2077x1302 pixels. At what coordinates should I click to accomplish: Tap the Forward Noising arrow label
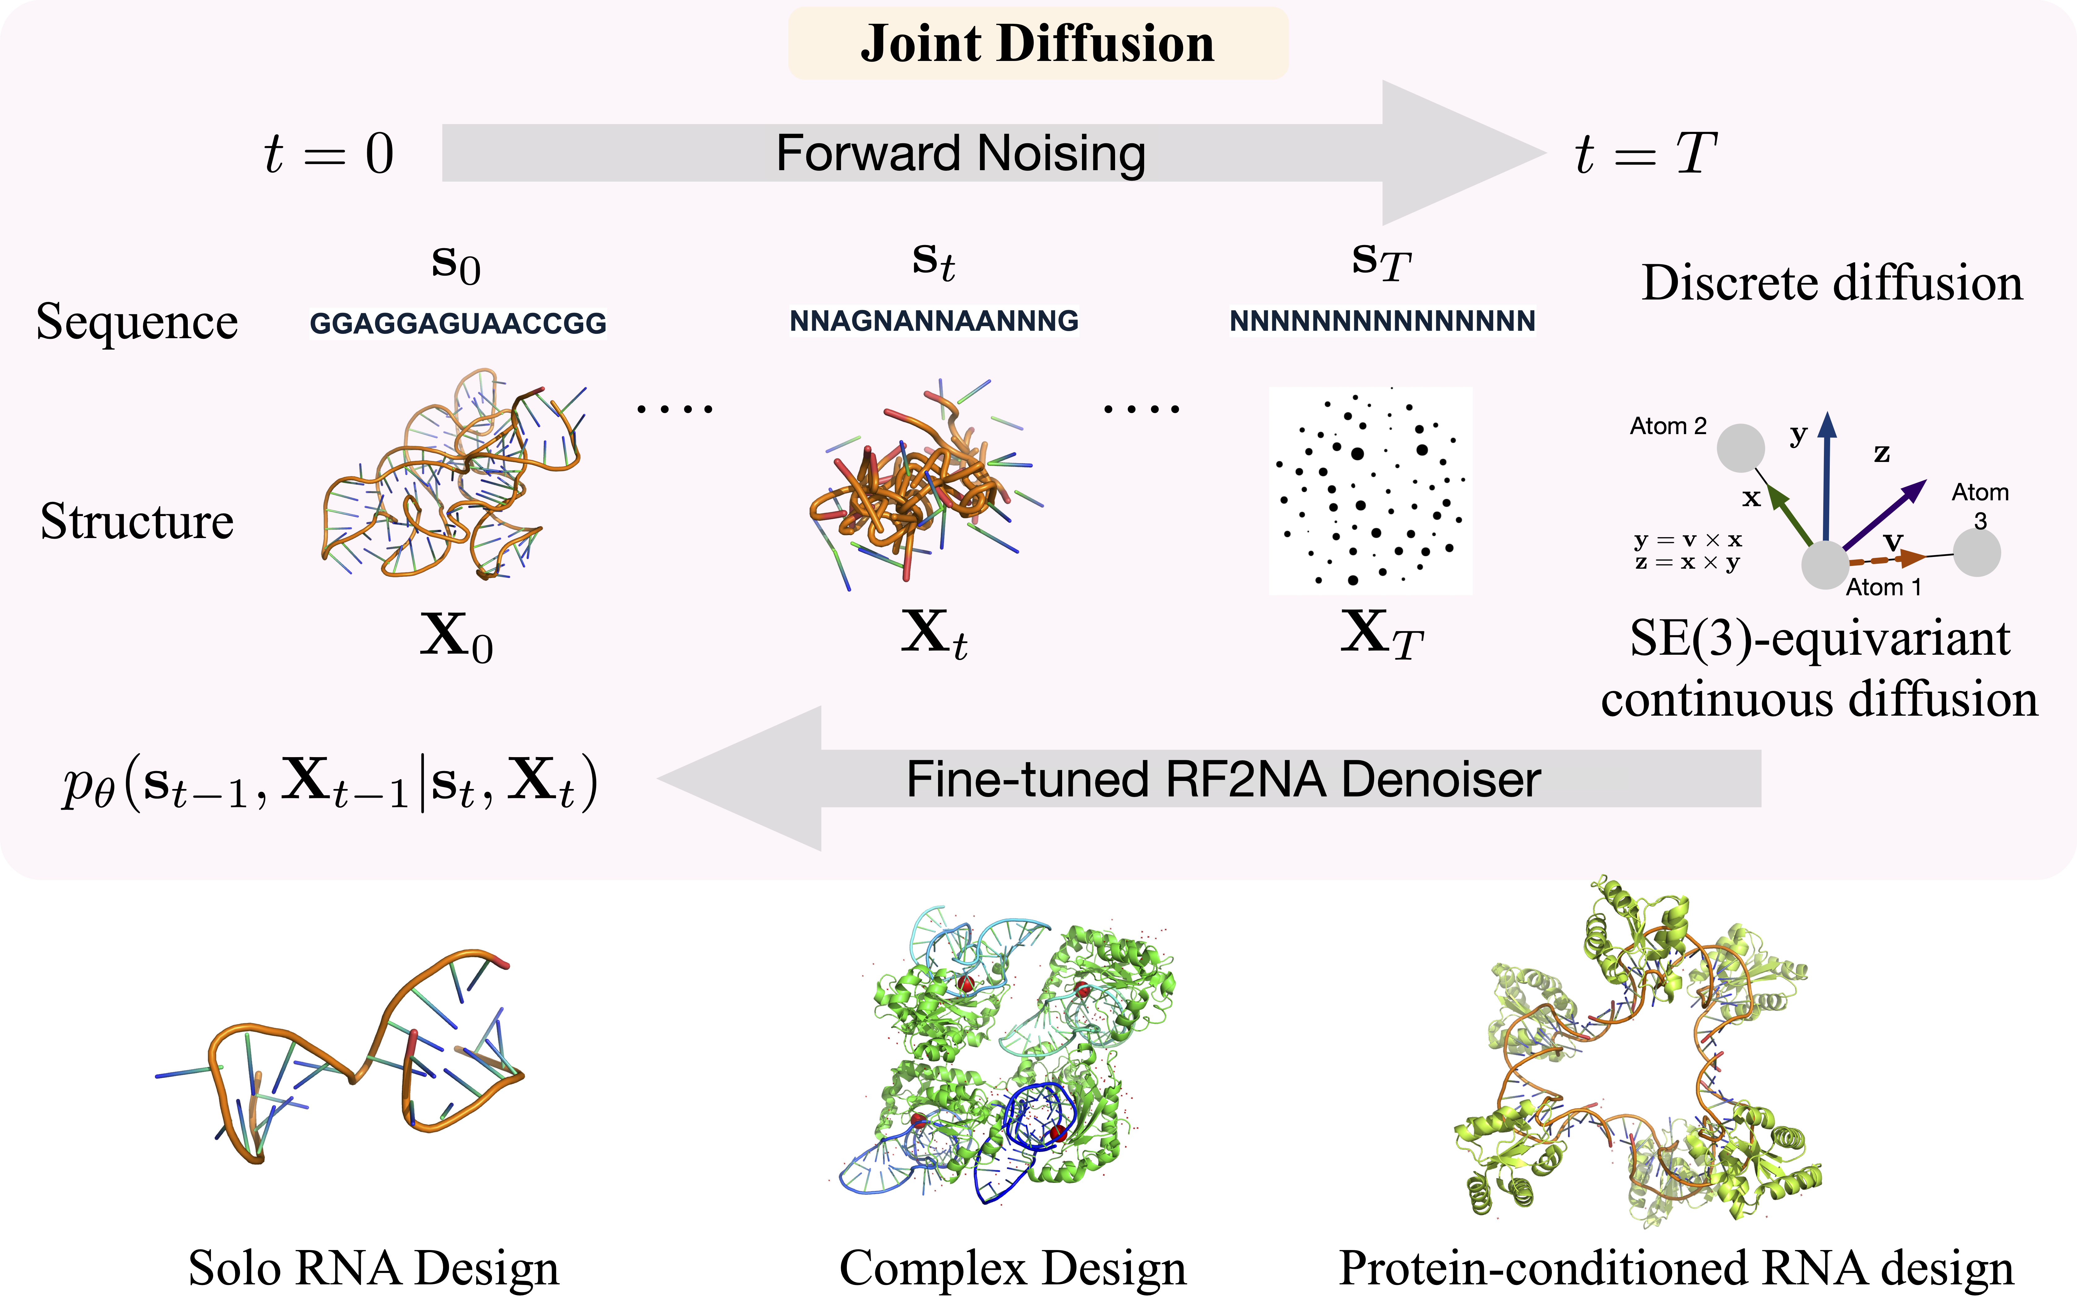[x=960, y=153]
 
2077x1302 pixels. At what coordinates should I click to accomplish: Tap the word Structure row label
[x=137, y=521]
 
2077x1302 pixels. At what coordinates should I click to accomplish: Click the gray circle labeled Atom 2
[x=1740, y=448]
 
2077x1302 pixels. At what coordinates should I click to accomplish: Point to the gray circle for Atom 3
[x=1976, y=553]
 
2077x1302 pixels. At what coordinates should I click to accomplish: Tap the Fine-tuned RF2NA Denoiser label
[x=1223, y=779]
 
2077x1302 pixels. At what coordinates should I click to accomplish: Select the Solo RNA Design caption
[x=374, y=1268]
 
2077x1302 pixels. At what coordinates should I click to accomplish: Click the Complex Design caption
[x=1013, y=1268]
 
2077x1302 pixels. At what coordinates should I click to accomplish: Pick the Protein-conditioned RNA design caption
[x=1676, y=1268]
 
